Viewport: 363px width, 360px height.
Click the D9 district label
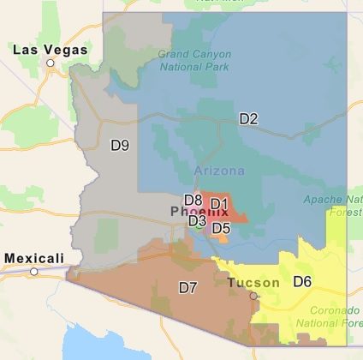point(120,145)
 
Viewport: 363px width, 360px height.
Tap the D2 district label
point(248,119)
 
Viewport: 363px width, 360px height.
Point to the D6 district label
point(302,281)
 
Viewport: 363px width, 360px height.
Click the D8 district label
point(193,201)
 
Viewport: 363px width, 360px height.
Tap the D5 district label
point(221,228)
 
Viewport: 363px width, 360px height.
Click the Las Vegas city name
point(51,50)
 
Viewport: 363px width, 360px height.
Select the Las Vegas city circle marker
point(51,63)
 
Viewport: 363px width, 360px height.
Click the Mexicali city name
point(34,257)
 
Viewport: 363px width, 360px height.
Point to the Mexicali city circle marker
point(34,271)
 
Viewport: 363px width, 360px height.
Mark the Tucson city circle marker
point(253,295)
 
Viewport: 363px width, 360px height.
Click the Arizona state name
point(219,170)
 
